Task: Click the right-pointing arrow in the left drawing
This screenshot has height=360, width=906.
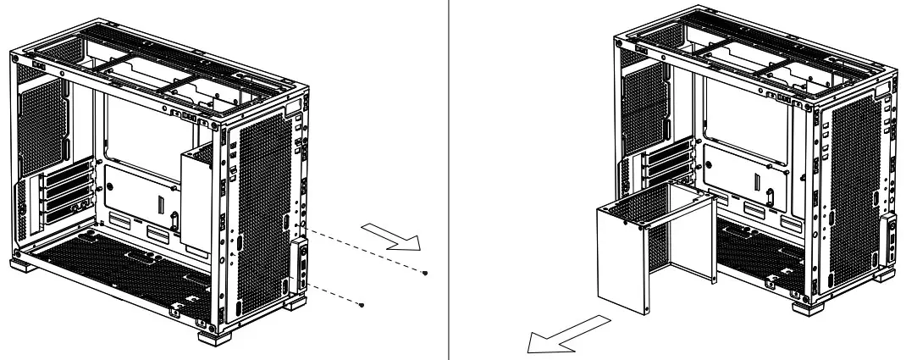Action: point(390,235)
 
